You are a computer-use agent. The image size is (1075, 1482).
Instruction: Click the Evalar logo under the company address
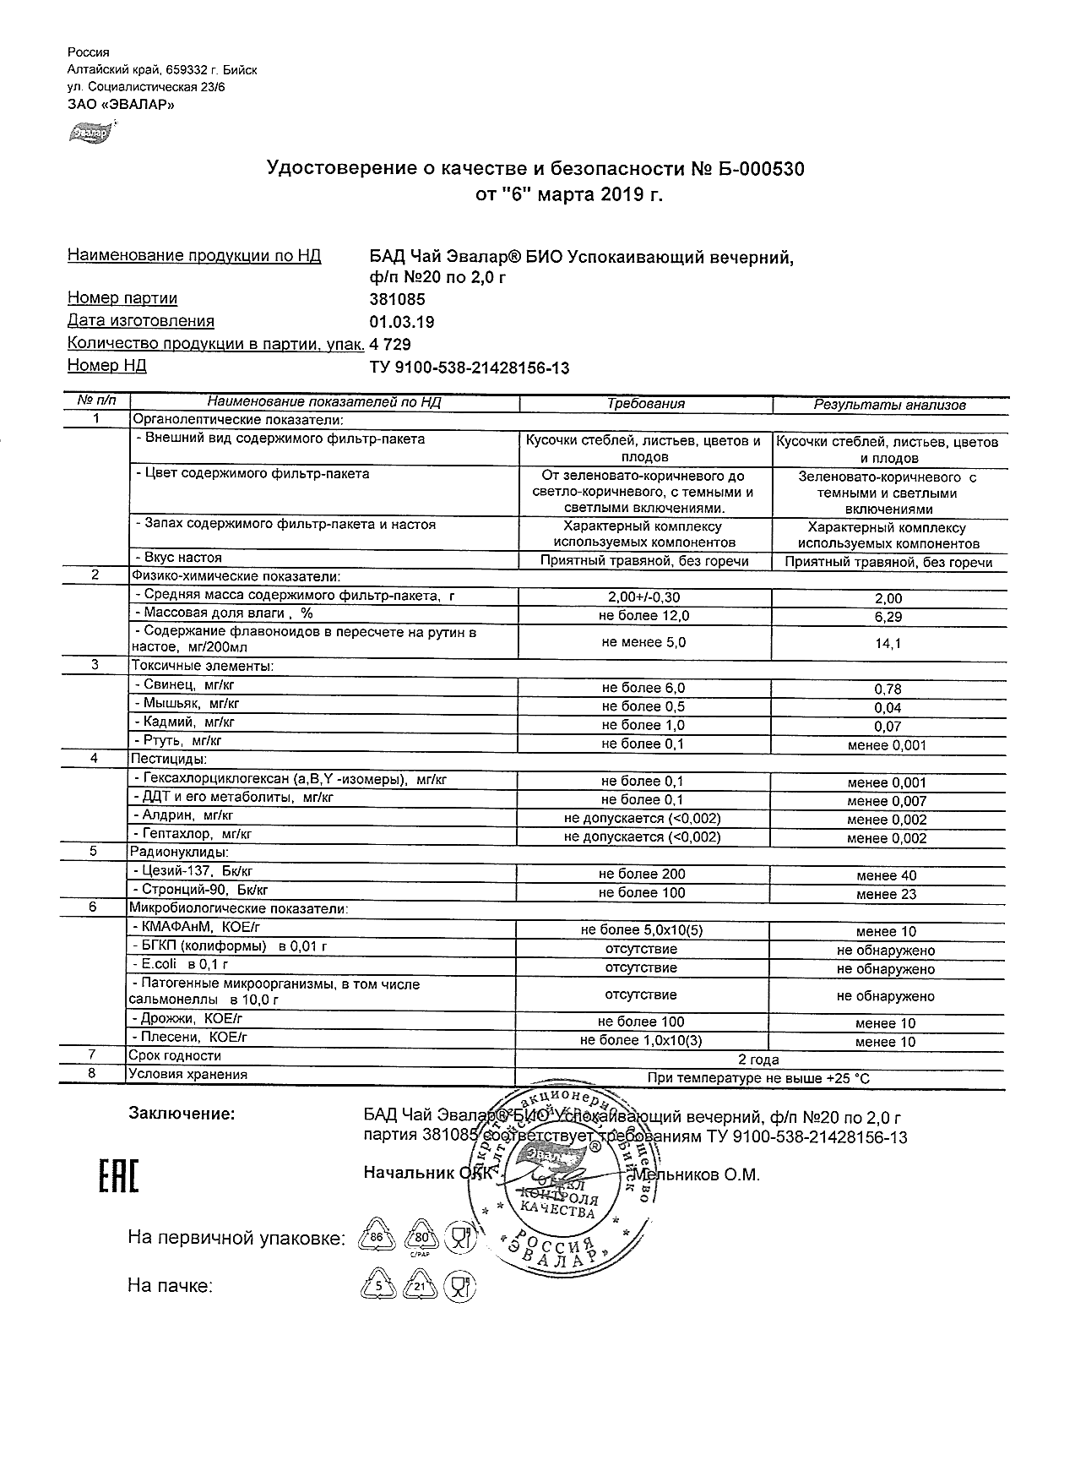pos(91,131)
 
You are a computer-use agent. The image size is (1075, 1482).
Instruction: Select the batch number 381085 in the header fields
pos(397,299)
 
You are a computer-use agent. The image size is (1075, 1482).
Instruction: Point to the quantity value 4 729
pos(390,345)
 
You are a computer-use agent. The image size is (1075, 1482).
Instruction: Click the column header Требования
pos(646,404)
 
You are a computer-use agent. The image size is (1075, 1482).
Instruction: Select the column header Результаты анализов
pos(889,405)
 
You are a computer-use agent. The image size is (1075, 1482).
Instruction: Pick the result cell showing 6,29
pos(888,617)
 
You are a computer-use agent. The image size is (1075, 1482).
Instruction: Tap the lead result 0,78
pos(888,689)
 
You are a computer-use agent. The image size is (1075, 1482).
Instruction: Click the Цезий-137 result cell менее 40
pos(886,876)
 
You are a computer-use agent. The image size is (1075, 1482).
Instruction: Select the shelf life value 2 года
pos(758,1060)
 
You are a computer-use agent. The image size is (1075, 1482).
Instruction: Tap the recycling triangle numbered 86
pos(377,1239)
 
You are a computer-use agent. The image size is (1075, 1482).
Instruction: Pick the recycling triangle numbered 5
pos(377,1287)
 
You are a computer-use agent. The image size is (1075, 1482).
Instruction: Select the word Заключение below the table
pos(181,1114)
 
